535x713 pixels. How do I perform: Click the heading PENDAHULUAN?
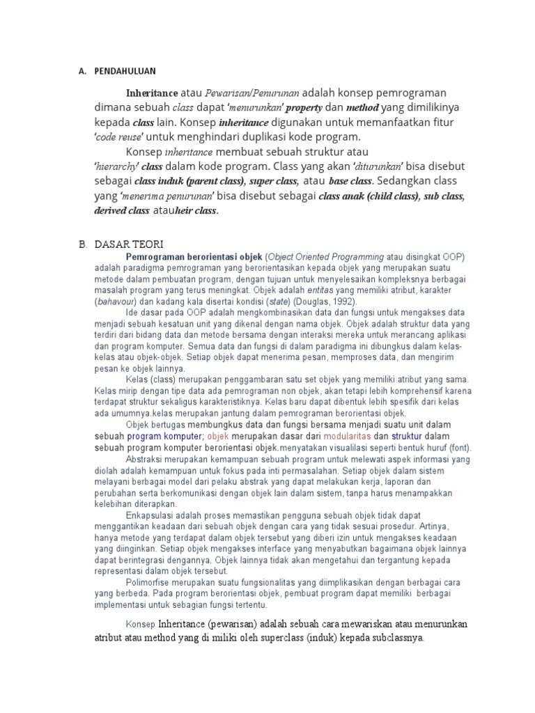[x=125, y=70]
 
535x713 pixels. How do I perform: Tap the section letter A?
[x=82, y=70]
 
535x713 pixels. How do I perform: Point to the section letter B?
[x=82, y=244]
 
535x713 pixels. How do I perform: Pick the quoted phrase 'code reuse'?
[x=118, y=137]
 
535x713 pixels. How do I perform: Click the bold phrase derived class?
[x=122, y=210]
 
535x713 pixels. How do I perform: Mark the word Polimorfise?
[x=150, y=581]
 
